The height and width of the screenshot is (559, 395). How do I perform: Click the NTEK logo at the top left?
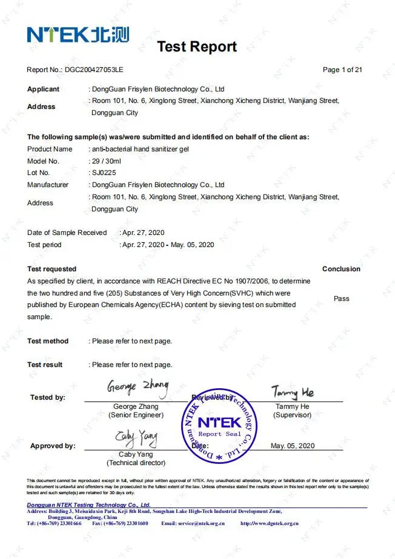(x=78, y=34)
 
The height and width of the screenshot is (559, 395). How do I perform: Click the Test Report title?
(x=197, y=47)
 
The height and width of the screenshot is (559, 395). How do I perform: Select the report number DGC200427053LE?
(x=93, y=70)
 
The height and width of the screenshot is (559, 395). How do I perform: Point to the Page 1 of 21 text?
(x=342, y=70)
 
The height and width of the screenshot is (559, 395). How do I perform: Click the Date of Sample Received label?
(x=67, y=233)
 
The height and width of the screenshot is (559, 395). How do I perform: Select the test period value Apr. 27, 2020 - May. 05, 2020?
(x=168, y=245)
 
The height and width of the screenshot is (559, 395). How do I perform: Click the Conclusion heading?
(x=341, y=269)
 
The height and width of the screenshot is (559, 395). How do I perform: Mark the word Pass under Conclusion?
(x=342, y=299)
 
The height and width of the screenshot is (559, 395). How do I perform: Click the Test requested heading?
(x=51, y=269)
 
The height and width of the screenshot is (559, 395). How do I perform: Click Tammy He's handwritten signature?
(x=292, y=392)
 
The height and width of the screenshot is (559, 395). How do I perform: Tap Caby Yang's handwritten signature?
(x=136, y=437)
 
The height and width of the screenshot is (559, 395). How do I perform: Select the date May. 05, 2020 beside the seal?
(x=293, y=446)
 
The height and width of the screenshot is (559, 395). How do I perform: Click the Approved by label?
(x=53, y=446)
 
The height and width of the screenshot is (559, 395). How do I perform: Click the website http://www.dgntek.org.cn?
(x=269, y=523)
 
